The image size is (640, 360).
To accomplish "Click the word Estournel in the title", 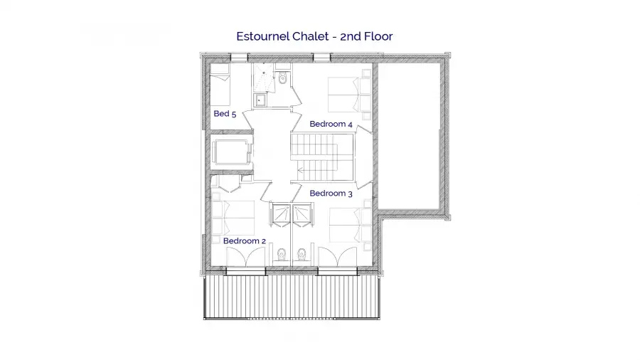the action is (263, 36).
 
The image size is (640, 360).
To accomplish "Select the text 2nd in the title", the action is (351, 36).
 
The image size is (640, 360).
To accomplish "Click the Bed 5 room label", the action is (225, 113).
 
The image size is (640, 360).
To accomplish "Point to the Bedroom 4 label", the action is (331, 124).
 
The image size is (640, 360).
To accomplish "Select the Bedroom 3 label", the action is (331, 193).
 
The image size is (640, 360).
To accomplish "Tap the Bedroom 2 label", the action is (245, 240).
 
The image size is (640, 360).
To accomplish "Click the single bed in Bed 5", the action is (220, 85).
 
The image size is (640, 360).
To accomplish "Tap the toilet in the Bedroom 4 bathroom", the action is (282, 78).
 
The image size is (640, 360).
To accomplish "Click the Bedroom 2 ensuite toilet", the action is (281, 255).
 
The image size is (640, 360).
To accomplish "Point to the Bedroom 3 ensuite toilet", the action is (302, 255).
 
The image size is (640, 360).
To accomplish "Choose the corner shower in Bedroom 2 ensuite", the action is (280, 215).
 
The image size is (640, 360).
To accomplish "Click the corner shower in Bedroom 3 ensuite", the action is (303, 215).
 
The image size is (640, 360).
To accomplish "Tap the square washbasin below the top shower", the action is (260, 100).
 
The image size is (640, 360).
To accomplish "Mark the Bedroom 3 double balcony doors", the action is (338, 257).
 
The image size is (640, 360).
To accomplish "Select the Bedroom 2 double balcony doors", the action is (246, 257).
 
